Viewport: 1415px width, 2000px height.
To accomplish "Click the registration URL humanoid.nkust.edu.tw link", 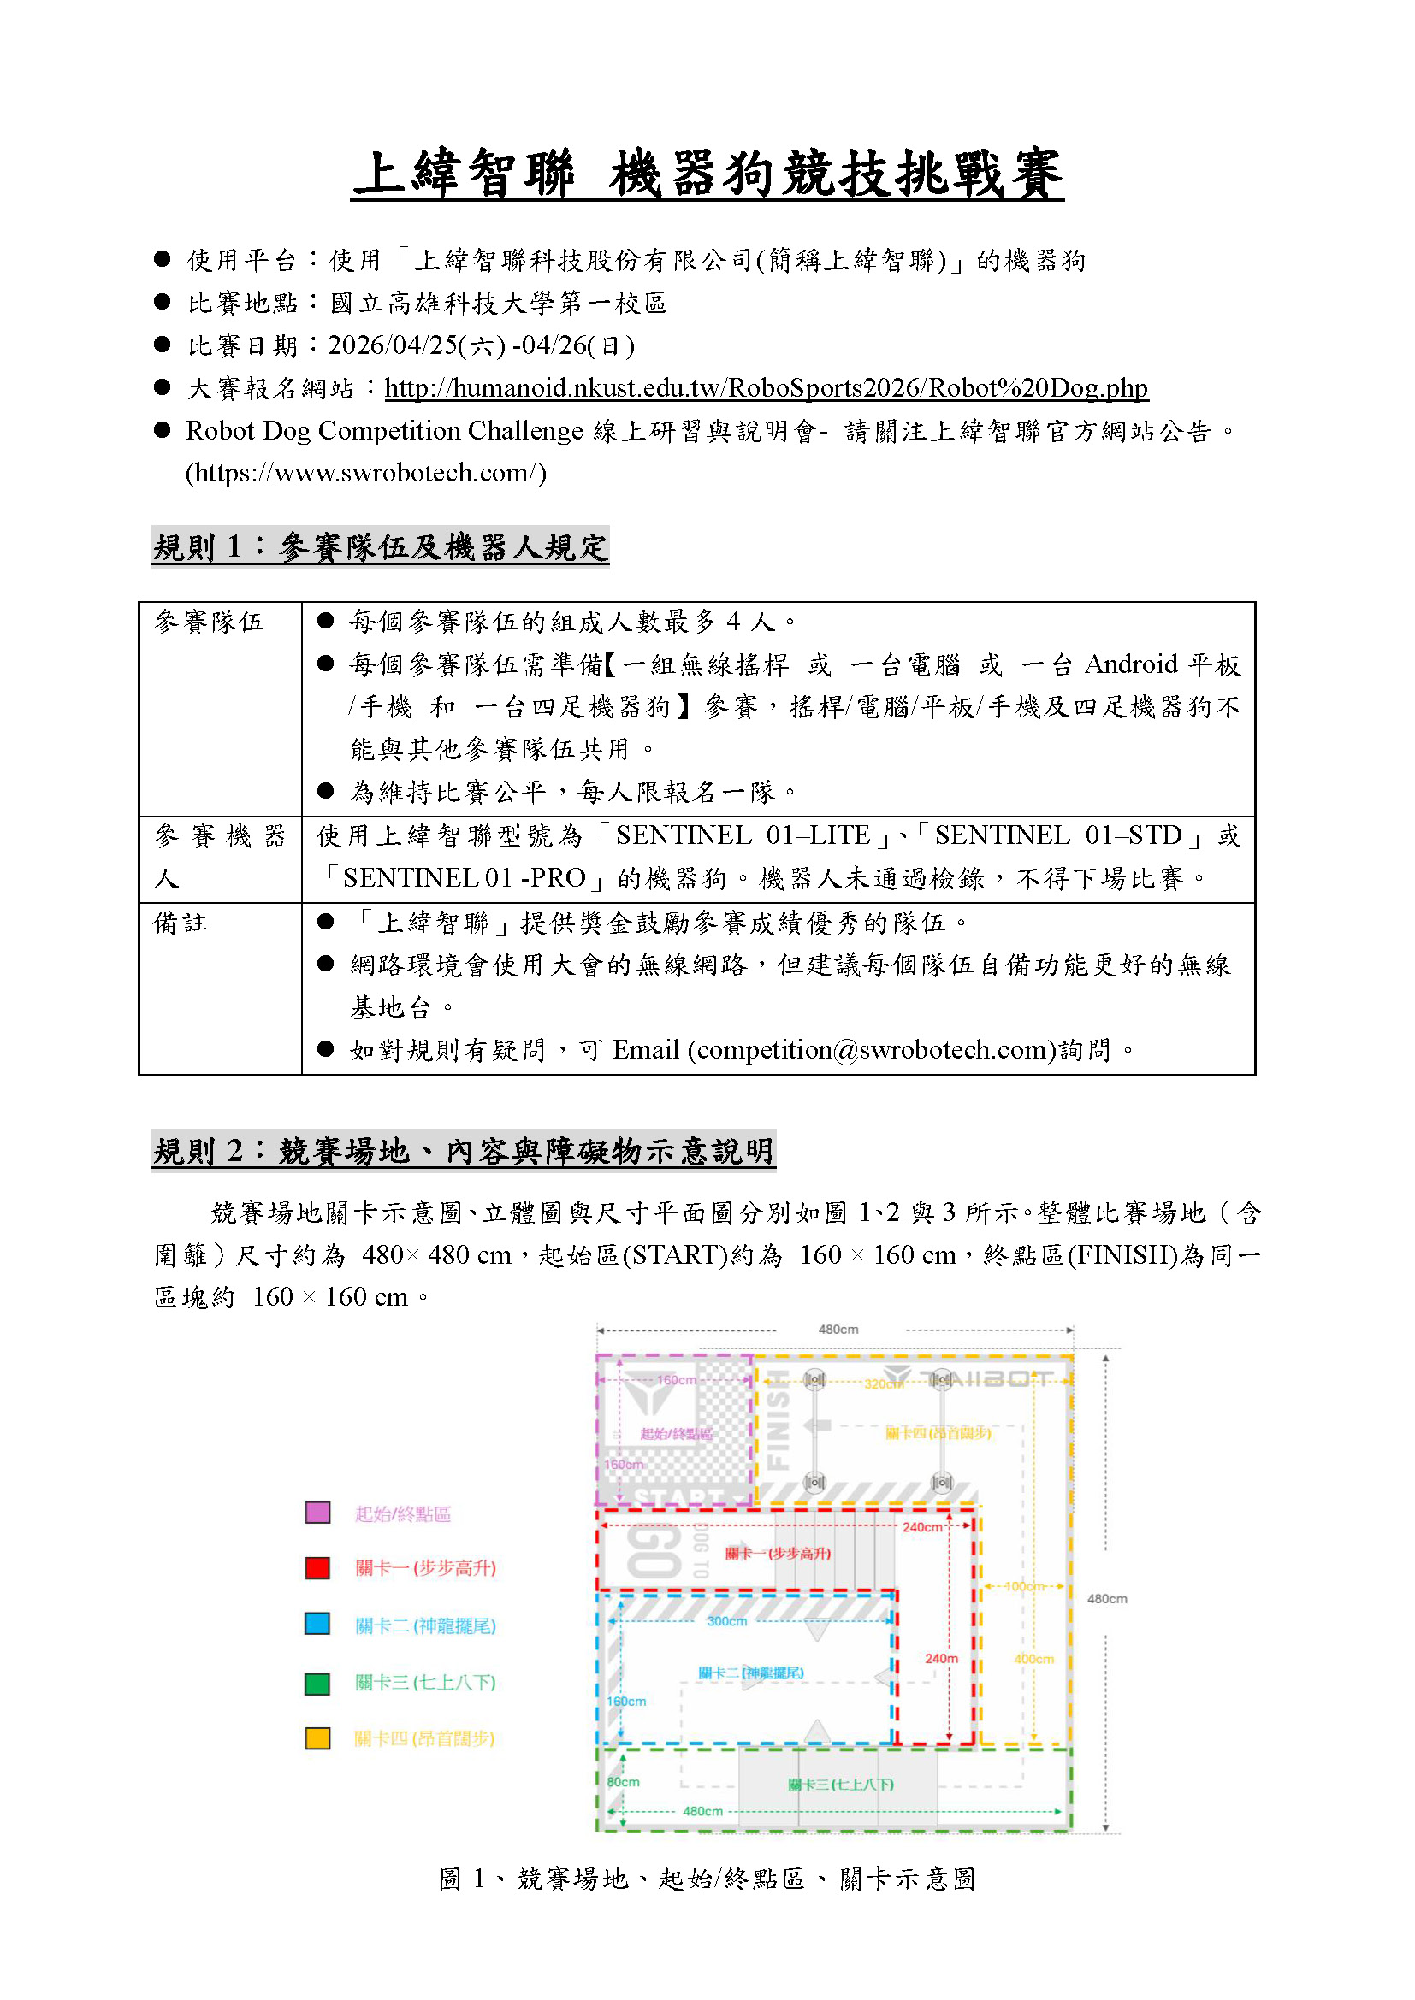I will coord(766,387).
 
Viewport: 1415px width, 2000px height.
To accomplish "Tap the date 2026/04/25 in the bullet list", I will coord(393,345).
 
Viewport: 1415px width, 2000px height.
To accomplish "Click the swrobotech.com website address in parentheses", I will coord(366,473).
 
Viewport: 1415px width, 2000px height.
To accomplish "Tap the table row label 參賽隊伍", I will coord(209,622).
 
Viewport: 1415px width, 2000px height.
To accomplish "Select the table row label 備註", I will coord(181,923).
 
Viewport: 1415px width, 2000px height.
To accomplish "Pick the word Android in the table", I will coord(1131,664).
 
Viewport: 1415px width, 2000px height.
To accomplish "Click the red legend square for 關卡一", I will coord(317,1568).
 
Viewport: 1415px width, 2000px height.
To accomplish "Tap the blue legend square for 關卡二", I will coord(317,1624).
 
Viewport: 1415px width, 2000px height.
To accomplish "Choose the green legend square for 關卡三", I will coord(317,1683).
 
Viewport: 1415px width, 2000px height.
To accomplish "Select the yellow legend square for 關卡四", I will coord(317,1738).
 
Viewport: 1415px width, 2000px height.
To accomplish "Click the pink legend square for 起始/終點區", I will coord(317,1513).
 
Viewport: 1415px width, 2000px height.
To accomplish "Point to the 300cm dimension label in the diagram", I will coord(726,1621).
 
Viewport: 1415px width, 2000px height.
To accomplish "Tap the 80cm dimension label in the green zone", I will coord(623,1782).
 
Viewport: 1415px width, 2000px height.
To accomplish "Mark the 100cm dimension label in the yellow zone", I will coord(1024,1586).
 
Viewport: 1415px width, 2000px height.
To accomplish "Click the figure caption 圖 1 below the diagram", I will coord(707,1879).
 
